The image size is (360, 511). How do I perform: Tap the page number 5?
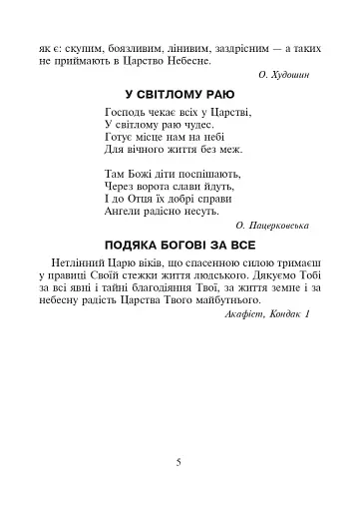click(179, 462)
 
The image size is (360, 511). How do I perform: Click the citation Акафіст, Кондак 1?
click(268, 314)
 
